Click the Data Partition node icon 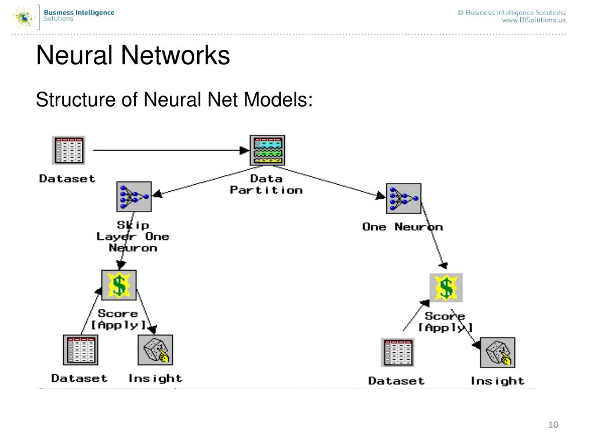click(x=267, y=150)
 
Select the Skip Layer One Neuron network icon click(x=134, y=197)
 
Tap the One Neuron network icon click(x=404, y=198)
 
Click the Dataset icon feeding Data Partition click(x=68, y=150)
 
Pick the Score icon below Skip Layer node click(x=119, y=285)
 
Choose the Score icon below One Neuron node click(x=446, y=287)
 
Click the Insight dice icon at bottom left click(x=155, y=349)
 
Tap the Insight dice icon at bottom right click(x=497, y=352)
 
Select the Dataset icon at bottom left click(x=81, y=349)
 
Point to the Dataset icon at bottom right click(x=398, y=353)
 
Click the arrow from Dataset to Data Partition click(x=171, y=150)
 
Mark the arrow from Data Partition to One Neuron click(x=329, y=182)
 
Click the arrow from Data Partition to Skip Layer click(x=207, y=181)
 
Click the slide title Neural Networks click(x=133, y=55)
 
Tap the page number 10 click(x=553, y=425)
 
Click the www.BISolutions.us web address click(x=534, y=20)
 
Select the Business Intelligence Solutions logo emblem click(x=23, y=17)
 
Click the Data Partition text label click(x=266, y=184)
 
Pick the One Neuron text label click(x=403, y=227)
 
